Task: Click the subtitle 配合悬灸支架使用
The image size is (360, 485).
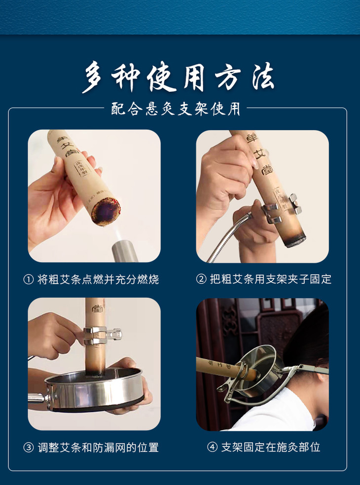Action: pyautogui.click(x=176, y=109)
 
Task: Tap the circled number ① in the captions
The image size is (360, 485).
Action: pyautogui.click(x=29, y=280)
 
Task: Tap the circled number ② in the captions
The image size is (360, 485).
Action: pyautogui.click(x=201, y=279)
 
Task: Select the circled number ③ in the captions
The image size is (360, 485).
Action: pyautogui.click(x=29, y=448)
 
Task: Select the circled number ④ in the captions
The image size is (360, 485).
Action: pyautogui.click(x=212, y=447)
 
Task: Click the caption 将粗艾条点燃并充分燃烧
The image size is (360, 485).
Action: pyautogui.click(x=98, y=280)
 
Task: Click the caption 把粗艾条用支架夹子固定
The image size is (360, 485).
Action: pyautogui.click(x=271, y=279)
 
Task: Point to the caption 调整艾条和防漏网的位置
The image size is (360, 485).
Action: pyautogui.click(x=98, y=448)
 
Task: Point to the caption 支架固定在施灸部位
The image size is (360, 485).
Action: pyautogui.click(x=271, y=447)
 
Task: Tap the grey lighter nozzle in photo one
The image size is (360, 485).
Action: pyautogui.click(x=125, y=251)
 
